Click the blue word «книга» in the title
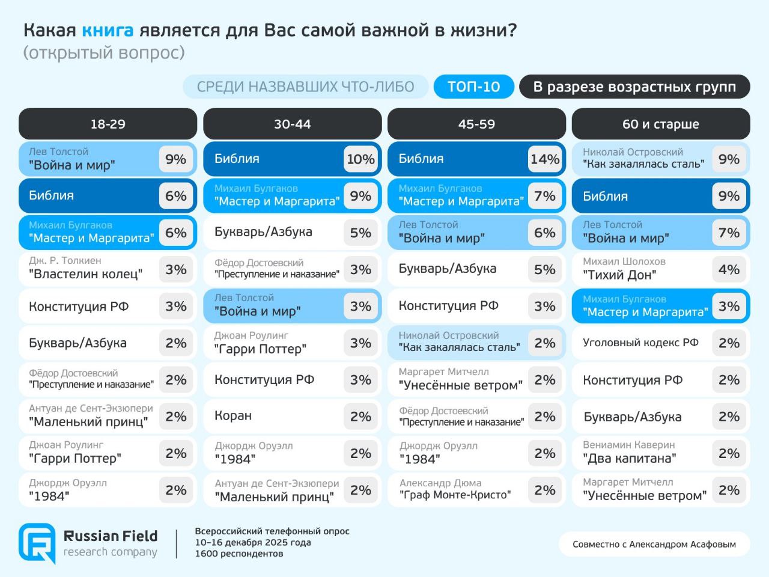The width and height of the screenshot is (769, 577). coord(108,31)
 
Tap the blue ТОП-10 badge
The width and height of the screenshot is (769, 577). coord(473,87)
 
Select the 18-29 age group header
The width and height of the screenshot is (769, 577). coord(108,124)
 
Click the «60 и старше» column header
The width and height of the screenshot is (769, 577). coord(661,124)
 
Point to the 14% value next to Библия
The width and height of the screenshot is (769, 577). coord(545,159)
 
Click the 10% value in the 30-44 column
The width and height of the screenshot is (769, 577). coord(360,159)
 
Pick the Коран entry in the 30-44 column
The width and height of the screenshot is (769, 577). coord(233,416)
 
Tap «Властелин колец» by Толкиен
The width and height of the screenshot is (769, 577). coord(85,273)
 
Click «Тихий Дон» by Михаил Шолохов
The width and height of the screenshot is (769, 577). coord(619,275)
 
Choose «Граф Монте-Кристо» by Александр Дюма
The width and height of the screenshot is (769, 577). coord(455,495)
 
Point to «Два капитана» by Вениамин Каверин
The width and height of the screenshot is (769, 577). coord(630,458)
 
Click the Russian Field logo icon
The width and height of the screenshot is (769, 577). coord(37,543)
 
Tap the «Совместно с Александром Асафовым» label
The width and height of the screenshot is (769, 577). coord(654,544)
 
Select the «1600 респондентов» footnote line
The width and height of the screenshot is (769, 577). coord(239,554)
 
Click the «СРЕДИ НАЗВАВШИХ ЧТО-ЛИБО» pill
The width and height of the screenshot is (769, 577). coord(306,87)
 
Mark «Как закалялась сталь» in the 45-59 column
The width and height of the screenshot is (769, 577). coord(459,347)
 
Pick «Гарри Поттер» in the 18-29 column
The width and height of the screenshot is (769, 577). coord(74,458)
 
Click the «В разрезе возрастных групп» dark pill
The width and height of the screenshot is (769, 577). coord(634,87)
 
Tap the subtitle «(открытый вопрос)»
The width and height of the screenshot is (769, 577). coord(104,53)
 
